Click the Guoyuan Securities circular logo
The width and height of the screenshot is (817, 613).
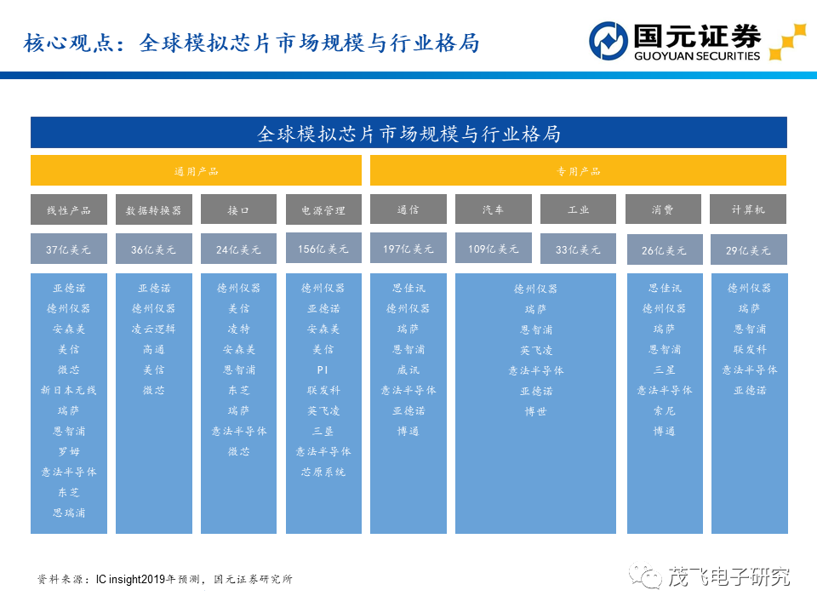point(608,41)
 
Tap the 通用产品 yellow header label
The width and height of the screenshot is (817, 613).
point(196,171)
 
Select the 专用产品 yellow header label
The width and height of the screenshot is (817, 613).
point(578,171)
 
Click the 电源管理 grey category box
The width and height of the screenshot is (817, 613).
point(323,210)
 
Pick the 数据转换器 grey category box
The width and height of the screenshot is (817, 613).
point(154,210)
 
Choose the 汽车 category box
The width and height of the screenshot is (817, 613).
point(494,209)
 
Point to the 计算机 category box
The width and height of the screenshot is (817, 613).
point(748,209)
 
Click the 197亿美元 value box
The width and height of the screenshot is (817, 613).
point(408,249)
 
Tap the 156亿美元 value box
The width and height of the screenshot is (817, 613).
point(323,249)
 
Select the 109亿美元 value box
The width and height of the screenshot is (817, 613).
point(494,249)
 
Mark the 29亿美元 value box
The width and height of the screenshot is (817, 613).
point(749,250)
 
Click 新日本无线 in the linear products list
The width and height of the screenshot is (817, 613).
point(69,390)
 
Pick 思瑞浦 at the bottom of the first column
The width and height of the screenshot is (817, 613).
point(69,513)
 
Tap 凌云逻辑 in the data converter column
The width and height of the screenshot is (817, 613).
point(154,329)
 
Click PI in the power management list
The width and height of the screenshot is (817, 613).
point(323,370)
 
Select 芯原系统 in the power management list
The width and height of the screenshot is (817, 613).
point(323,472)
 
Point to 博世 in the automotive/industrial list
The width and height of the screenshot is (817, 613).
point(535,411)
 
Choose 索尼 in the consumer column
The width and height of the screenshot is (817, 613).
point(665,410)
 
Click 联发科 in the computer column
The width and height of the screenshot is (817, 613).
point(750,349)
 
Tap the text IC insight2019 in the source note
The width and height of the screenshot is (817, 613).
point(131,579)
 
